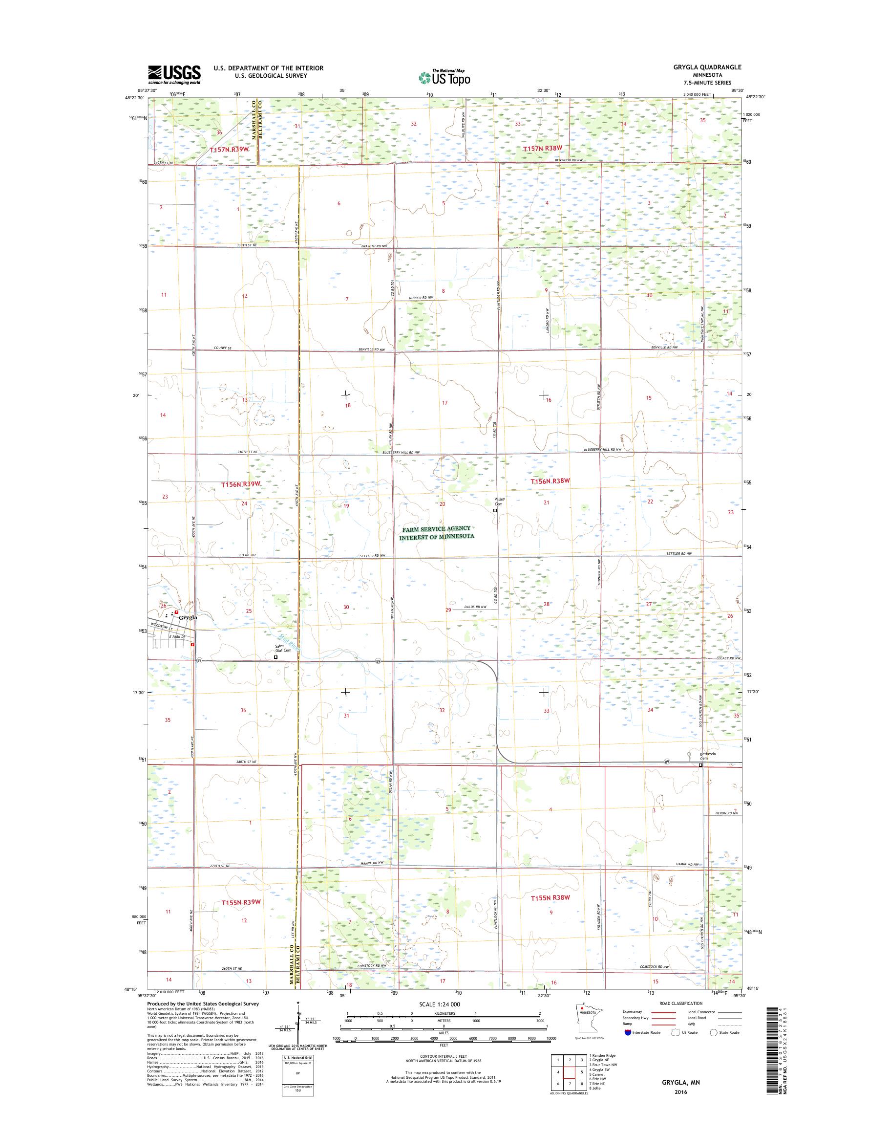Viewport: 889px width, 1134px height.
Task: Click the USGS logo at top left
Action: coord(174,74)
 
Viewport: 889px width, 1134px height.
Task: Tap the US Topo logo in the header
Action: coord(444,78)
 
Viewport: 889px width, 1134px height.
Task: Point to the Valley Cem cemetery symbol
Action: coord(495,511)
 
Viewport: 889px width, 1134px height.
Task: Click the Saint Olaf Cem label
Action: coord(283,649)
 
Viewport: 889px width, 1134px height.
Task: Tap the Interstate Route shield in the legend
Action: coord(627,1047)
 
